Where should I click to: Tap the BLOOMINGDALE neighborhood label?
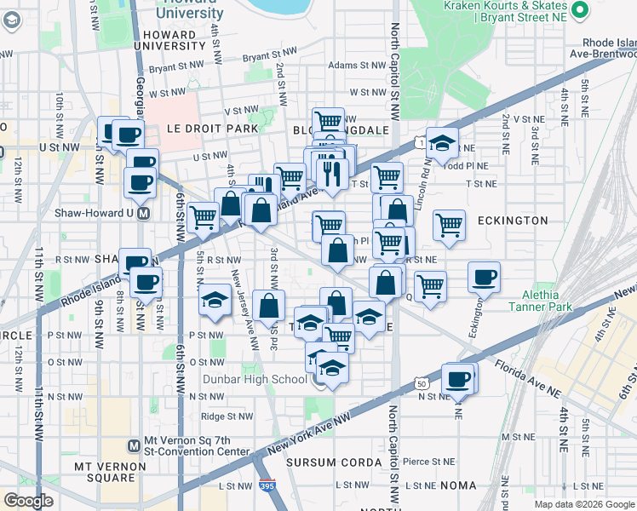point(341,130)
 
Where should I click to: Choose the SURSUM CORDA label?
point(334,462)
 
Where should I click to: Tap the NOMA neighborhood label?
point(459,485)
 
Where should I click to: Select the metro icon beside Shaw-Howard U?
point(144,213)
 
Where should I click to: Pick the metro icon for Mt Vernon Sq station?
point(133,445)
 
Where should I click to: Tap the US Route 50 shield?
point(422,384)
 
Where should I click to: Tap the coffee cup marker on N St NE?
point(458,379)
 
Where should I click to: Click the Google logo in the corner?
point(29,501)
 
